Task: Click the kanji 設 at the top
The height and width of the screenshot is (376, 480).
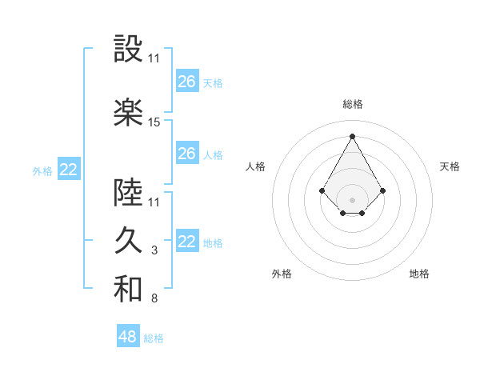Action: (128, 50)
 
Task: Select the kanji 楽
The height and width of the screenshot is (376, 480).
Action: (128, 113)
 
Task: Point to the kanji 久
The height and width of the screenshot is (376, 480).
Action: (128, 241)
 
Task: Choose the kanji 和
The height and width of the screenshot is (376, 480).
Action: (128, 289)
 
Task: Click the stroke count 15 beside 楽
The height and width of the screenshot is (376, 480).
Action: (154, 122)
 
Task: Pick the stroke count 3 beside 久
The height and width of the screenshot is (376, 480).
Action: (154, 250)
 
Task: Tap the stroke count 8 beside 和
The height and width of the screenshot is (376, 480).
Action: (154, 298)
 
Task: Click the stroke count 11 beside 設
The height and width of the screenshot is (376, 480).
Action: (154, 58)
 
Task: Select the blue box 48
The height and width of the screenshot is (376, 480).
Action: (128, 337)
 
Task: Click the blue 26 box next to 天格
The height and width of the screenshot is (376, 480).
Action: (187, 82)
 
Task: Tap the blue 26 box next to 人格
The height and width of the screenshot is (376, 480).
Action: (187, 154)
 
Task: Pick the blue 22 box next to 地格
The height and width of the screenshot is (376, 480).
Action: (187, 242)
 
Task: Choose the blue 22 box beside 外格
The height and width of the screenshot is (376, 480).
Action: (69, 170)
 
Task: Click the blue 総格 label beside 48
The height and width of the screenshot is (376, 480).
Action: (154, 338)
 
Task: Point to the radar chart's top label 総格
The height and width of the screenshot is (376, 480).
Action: (352, 104)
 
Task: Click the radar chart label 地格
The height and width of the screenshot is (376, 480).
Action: (419, 274)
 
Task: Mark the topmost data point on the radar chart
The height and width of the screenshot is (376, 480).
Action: (352, 135)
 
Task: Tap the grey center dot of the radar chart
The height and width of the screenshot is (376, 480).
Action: (352, 199)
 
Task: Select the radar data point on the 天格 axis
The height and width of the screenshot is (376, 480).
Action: (383, 190)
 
